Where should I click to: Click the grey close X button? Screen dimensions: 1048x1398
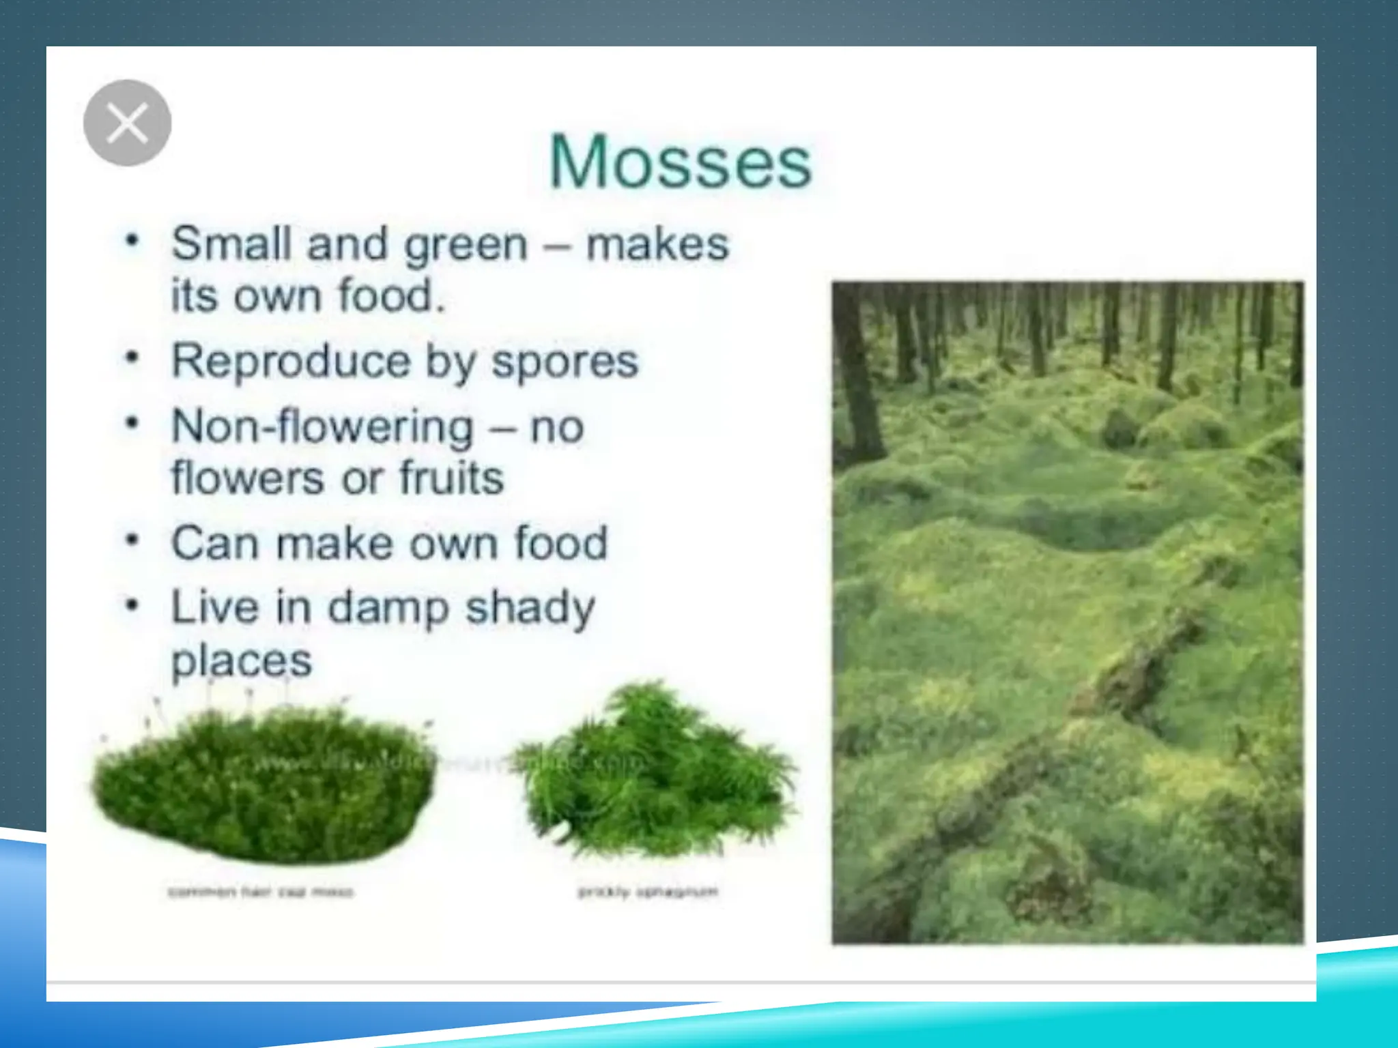[x=127, y=123]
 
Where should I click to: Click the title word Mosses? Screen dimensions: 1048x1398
[x=681, y=162]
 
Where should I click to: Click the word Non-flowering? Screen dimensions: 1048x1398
[x=322, y=427]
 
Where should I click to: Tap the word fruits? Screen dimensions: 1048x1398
[x=451, y=478]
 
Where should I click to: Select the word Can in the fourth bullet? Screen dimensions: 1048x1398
[x=214, y=543]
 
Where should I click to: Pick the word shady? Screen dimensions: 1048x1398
[x=530, y=609]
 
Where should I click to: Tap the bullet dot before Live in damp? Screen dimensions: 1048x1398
[x=132, y=605]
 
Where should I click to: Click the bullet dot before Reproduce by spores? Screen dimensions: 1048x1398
[x=132, y=358]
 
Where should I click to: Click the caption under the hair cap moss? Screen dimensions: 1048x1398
[x=261, y=892]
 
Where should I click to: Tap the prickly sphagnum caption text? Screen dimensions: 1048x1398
[x=648, y=891]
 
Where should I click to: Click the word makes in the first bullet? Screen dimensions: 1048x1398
[x=657, y=244]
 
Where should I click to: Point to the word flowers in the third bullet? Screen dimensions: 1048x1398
[x=248, y=478]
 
